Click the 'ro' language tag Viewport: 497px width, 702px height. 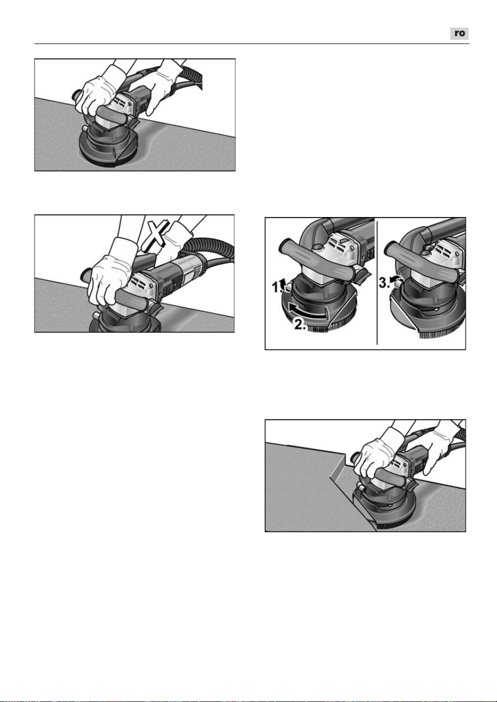pyautogui.click(x=459, y=33)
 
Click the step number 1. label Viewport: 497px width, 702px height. pyautogui.click(x=276, y=287)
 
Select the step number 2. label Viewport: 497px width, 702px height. pyautogui.click(x=300, y=324)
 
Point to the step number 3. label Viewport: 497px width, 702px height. pyautogui.click(x=383, y=283)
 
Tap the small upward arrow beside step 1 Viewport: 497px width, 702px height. pyautogui.click(x=284, y=284)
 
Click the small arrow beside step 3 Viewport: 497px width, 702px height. pyautogui.click(x=394, y=279)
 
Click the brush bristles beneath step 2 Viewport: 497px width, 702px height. pyautogui.click(x=318, y=328)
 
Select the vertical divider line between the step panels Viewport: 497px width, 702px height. pyautogui.click(x=377, y=283)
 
